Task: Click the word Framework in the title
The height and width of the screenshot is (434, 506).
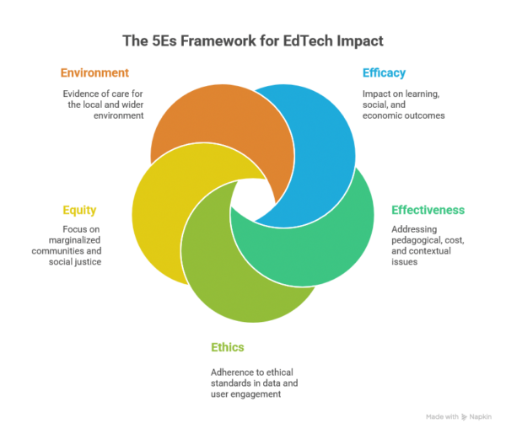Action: pyautogui.click(x=211, y=40)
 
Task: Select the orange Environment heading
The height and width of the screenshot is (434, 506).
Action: pyautogui.click(x=95, y=72)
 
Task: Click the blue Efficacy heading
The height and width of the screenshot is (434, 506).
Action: pyautogui.click(x=384, y=72)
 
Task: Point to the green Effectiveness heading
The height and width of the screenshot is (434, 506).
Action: pyautogui.click(x=428, y=209)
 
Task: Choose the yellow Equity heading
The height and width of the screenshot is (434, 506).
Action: pyautogui.click(x=79, y=209)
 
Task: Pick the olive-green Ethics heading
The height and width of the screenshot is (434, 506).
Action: pyautogui.click(x=228, y=346)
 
